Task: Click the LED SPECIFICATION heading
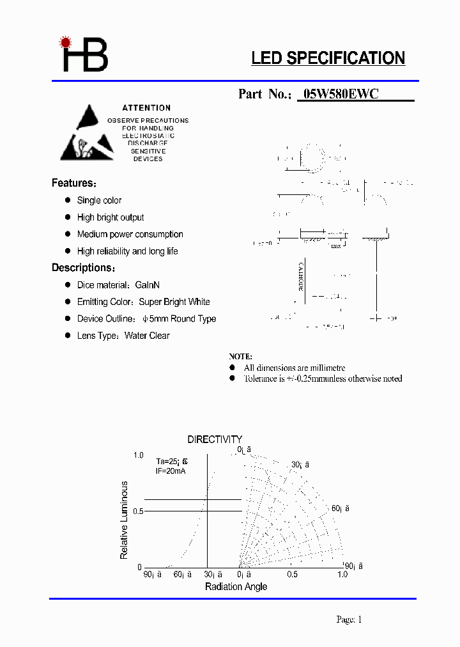coord(328,58)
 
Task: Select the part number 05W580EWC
coord(342,94)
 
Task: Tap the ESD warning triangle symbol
coord(88,134)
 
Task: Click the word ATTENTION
coord(146,108)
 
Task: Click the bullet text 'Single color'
coord(99,201)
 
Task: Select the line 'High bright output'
coord(111,217)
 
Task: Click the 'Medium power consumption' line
coord(130,235)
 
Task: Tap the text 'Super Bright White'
coord(174,302)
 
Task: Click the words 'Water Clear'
coord(148,336)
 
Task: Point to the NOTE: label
coord(240,356)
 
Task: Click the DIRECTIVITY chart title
coord(215,439)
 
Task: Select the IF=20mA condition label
coord(170,471)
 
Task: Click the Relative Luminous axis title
coord(125,520)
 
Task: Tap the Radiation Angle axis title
coord(236,587)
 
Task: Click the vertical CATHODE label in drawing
coord(301,277)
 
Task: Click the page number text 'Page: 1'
coord(349,619)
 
